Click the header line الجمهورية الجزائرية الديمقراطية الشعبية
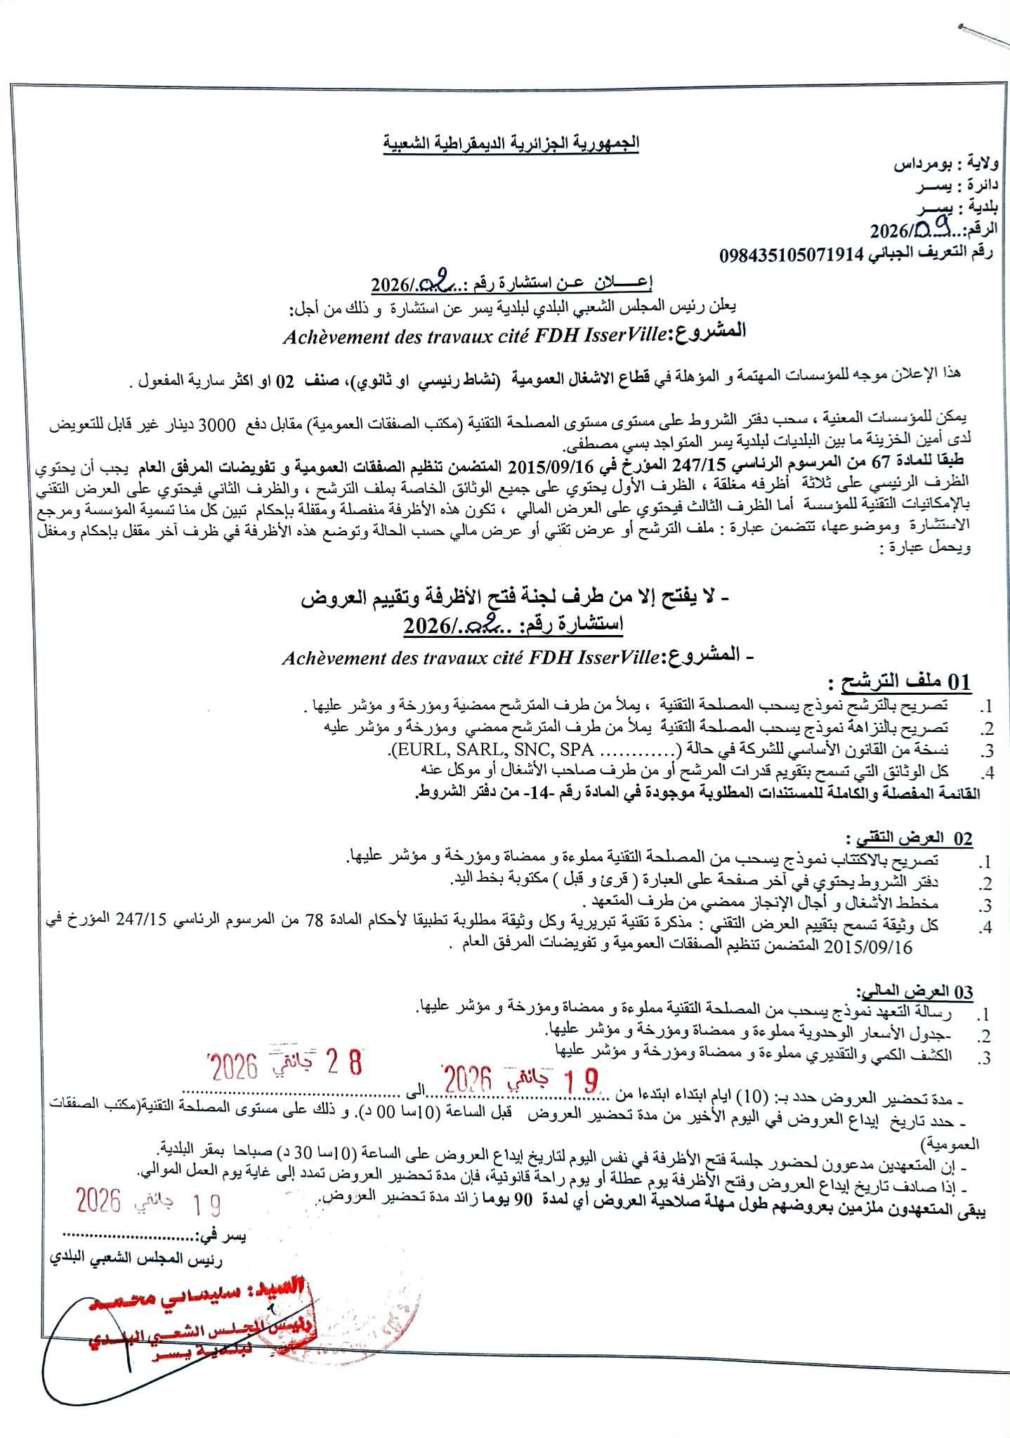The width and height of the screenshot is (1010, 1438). pos(511,144)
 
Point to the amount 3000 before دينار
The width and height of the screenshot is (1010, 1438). pos(711,425)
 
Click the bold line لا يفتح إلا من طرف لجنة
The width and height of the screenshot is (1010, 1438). pos(516,599)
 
